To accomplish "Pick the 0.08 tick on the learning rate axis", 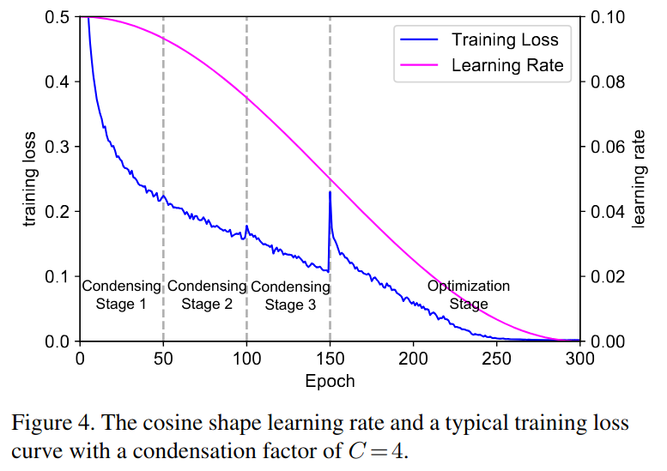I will pos(606,82).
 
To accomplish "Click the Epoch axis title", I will pos(330,379).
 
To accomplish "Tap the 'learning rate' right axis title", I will pos(639,179).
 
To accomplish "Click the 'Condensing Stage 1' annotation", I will pos(121,295).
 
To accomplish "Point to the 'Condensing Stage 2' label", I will pos(206,295).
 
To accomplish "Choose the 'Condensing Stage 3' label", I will pos(290,296).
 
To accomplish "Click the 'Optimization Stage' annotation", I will pos(469,295).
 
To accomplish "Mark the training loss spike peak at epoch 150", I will pos(330,193).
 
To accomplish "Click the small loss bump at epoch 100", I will pos(247,227).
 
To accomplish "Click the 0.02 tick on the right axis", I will pos(606,276).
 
